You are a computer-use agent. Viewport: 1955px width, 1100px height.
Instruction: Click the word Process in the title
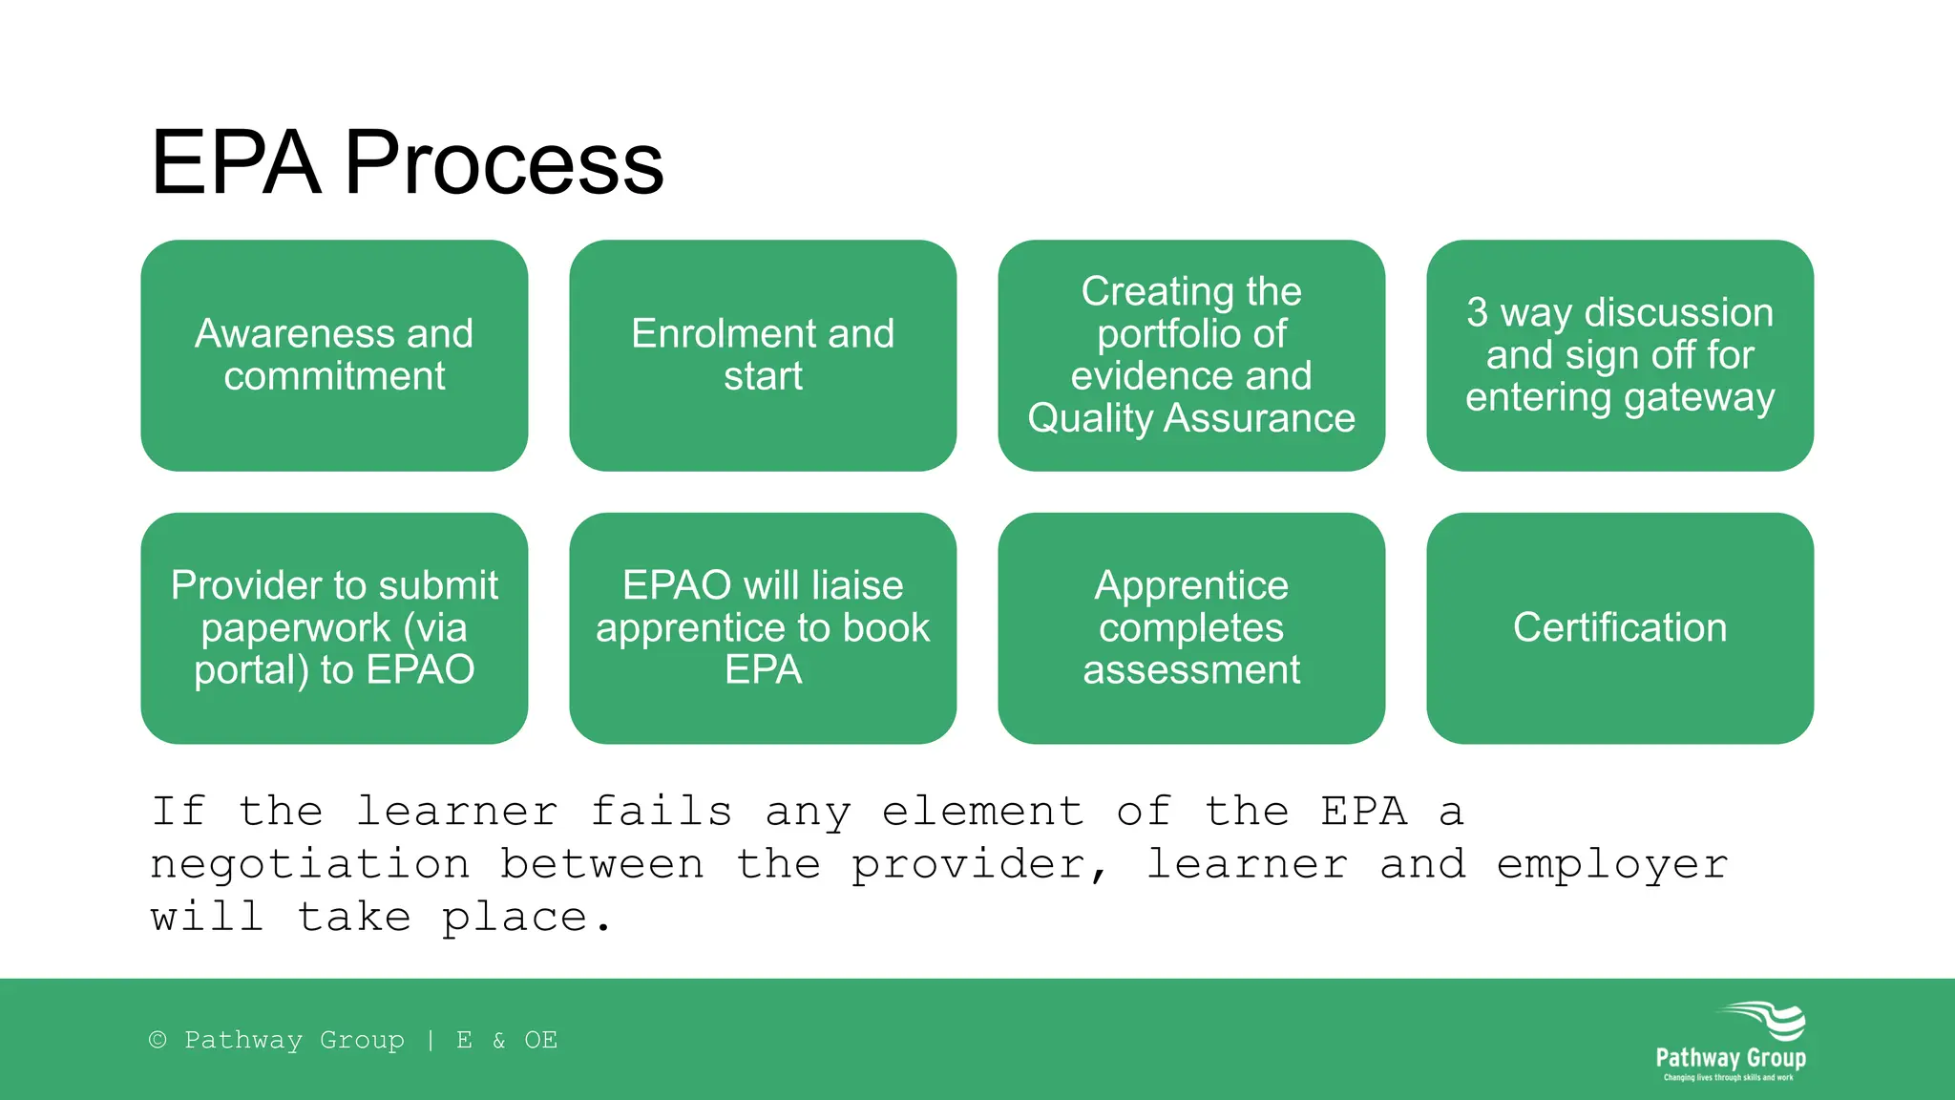[x=503, y=164]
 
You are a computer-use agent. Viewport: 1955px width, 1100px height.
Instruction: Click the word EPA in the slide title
[x=236, y=164]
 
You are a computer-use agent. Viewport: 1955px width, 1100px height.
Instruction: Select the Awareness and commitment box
[x=334, y=355]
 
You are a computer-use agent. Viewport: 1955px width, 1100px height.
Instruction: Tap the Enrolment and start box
[x=763, y=355]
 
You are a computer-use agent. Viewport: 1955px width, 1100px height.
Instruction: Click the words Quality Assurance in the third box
[x=1191, y=418]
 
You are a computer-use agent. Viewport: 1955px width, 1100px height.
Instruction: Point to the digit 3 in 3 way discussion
[x=1477, y=313]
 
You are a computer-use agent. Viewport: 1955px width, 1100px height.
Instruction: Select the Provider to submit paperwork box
[x=334, y=628]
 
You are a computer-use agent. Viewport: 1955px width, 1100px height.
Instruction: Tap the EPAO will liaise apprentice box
[x=763, y=628]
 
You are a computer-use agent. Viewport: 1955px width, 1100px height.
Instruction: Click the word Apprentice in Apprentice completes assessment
[x=1191, y=585]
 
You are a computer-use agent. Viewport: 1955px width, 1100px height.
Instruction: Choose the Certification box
[x=1620, y=628]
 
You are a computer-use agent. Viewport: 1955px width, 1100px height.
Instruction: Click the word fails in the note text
[x=661, y=812]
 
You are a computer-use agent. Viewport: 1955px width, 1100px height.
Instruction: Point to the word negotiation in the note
[x=310, y=865]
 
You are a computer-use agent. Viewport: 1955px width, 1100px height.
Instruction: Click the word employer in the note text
[x=1611, y=865]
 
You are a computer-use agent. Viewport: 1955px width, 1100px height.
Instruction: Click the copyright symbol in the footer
[x=158, y=1040]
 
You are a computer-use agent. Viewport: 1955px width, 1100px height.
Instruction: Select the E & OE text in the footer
[x=507, y=1040]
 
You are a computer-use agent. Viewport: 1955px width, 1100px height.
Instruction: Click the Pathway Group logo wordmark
[x=1730, y=1058]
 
